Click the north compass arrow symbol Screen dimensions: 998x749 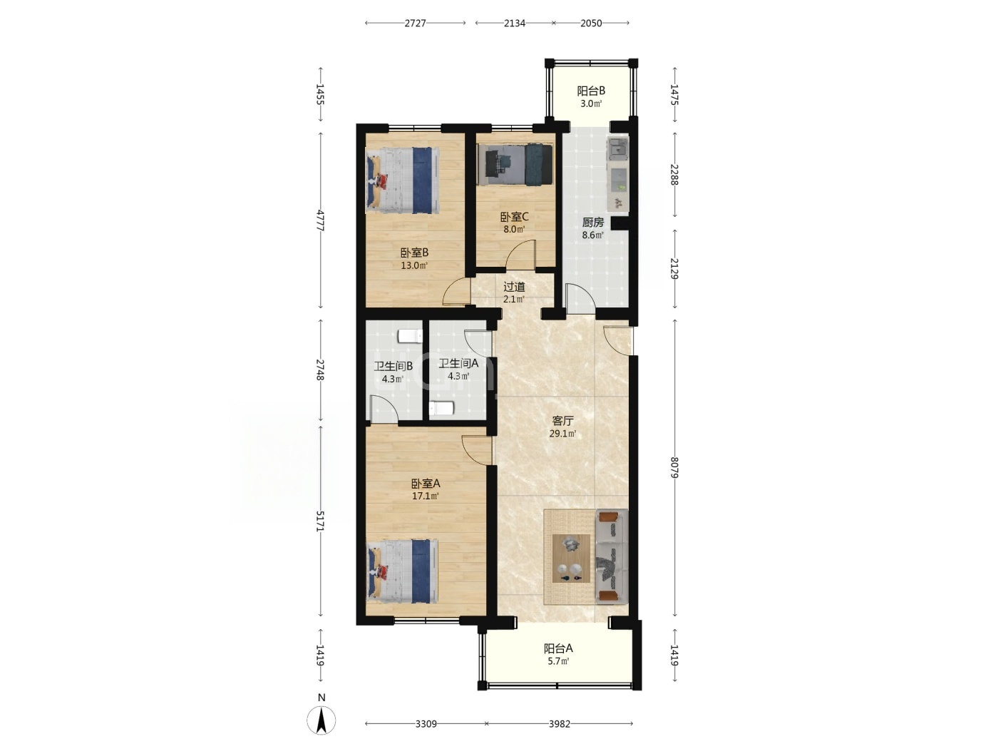[x=321, y=720]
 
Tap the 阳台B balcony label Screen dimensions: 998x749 [x=591, y=91]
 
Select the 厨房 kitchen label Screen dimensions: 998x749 [x=593, y=223]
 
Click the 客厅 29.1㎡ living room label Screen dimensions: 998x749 [x=562, y=427]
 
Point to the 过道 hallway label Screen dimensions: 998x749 [x=514, y=287]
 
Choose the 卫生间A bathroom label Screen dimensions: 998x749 [x=458, y=363]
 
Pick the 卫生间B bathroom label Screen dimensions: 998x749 [x=393, y=366]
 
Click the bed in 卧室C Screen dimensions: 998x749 [x=515, y=164]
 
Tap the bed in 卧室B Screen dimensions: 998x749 [x=403, y=180]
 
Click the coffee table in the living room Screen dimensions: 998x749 [x=571, y=558]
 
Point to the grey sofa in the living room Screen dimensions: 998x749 [x=612, y=556]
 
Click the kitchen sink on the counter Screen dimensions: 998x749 [x=618, y=148]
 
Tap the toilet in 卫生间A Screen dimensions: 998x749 [x=441, y=408]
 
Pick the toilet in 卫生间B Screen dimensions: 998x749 [x=410, y=336]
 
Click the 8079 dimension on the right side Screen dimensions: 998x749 [x=674, y=467]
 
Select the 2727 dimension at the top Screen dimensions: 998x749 [x=415, y=23]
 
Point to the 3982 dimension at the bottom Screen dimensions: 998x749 [x=560, y=723]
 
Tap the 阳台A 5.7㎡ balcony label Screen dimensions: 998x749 [x=558, y=654]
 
